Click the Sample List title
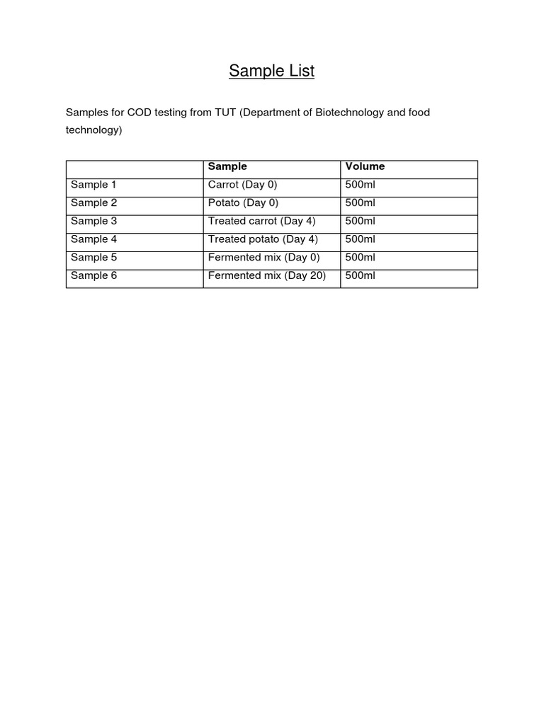272,71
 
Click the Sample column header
227,166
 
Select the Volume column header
365,166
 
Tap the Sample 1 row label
93,185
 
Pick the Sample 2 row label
93,202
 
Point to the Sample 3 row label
93,221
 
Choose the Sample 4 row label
93,239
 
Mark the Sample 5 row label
93,258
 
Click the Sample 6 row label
93,275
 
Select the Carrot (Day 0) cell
243,185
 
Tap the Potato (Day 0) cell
243,202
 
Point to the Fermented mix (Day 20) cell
267,275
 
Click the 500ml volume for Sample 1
360,185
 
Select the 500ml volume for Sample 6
360,275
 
